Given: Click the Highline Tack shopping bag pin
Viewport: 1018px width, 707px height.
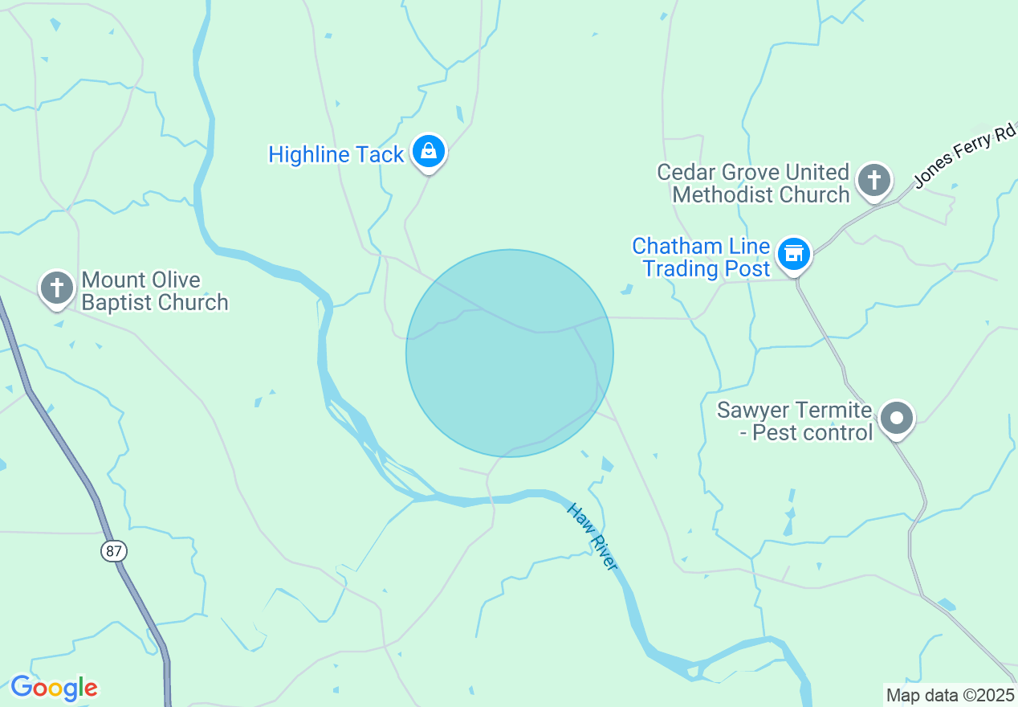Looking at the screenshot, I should pos(429,150).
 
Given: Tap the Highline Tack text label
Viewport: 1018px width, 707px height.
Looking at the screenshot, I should pos(336,154).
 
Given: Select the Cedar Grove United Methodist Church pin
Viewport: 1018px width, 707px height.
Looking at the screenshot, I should pos(873,180).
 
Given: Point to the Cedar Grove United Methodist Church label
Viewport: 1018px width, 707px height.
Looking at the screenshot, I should pos(753,183).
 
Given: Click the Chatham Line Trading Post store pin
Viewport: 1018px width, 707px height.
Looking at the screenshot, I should pos(794,253).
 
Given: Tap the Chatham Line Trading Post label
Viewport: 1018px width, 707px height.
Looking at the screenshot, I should pos(701,257).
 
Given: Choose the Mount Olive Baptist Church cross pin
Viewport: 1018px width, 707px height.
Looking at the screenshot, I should pos(56,288).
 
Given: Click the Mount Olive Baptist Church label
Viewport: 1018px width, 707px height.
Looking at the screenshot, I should pos(155,291).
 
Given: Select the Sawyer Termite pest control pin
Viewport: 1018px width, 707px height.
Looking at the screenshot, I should pos(897,418).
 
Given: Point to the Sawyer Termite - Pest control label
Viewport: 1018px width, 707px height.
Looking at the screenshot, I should pos(794,421).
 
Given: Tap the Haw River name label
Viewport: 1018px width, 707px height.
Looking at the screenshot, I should pos(592,537).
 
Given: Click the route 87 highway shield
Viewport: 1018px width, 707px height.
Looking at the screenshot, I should pos(114,551).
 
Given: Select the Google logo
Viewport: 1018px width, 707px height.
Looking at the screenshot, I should pos(54,689).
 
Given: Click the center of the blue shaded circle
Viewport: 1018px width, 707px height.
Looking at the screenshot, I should pos(510,353).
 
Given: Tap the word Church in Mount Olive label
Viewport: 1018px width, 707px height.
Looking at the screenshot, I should pos(192,302).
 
